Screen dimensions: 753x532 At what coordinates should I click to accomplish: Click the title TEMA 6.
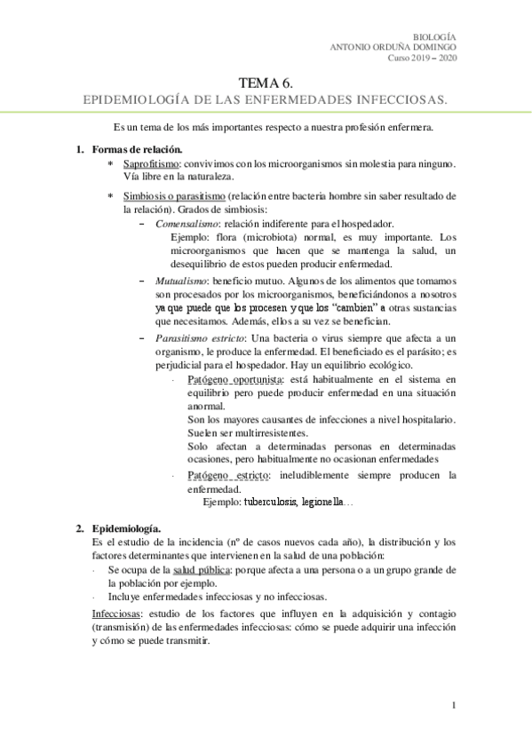[x=265, y=82]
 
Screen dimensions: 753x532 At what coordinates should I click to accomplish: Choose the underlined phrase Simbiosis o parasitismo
[x=173, y=195]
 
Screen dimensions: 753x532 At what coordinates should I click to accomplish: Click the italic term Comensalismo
[x=186, y=224]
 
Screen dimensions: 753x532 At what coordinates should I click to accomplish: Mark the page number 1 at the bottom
[x=453, y=706]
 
